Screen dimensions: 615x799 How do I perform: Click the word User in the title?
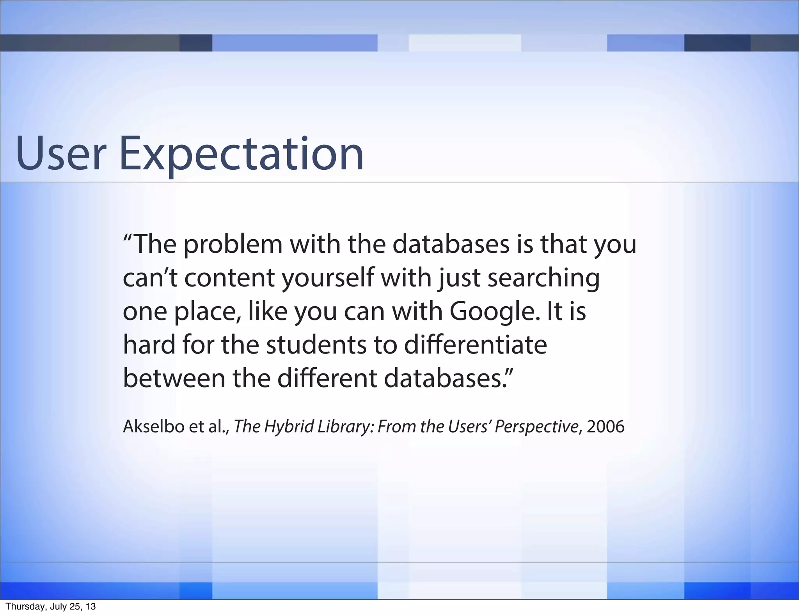(61, 154)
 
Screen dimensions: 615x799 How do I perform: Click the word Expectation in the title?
(241, 154)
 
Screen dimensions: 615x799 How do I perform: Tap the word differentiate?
(476, 345)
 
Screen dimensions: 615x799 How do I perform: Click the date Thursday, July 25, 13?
(51, 607)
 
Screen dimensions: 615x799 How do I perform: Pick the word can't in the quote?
(150, 279)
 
